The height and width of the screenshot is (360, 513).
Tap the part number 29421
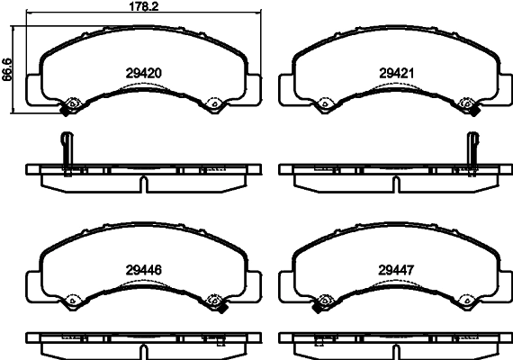(397, 71)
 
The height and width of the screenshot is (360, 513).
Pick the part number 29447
(397, 267)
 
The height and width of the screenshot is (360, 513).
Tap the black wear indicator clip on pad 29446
(216, 304)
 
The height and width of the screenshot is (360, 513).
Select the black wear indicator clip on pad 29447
(317, 305)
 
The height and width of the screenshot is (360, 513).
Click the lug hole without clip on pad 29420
(214, 104)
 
